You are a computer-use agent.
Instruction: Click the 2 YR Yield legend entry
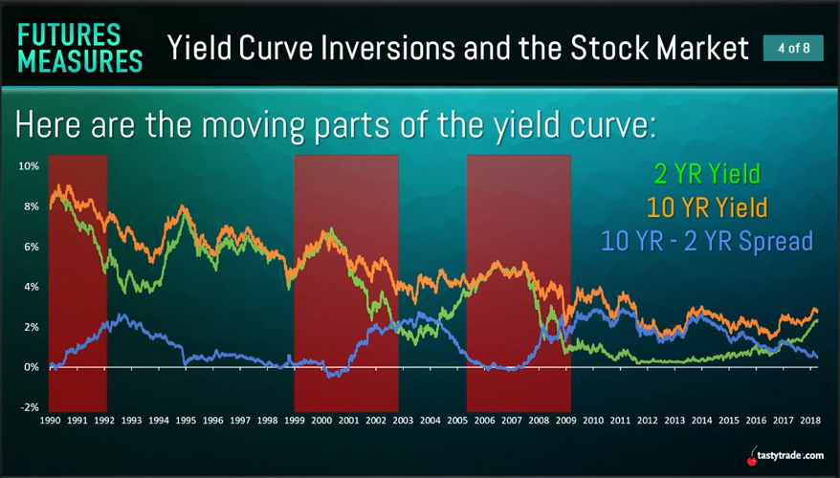tap(707, 174)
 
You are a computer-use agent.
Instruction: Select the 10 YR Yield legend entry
tap(707, 207)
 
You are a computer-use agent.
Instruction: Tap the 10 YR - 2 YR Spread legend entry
tap(707, 241)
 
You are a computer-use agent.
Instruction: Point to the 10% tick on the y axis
tap(29, 166)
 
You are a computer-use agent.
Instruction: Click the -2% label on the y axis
tap(30, 407)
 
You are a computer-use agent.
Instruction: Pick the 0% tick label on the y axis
tap(32, 367)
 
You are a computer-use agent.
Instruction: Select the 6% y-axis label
tap(32, 247)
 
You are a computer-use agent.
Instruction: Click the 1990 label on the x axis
tap(50, 421)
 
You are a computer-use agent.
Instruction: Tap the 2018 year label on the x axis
tap(810, 421)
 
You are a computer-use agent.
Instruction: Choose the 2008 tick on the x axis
tap(539, 421)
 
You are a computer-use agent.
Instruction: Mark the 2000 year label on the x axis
tap(321, 421)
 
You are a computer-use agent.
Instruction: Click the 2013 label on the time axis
tap(674, 421)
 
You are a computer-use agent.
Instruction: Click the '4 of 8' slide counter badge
tap(793, 48)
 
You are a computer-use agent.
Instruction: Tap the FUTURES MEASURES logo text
tap(80, 48)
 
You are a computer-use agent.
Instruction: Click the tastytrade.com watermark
tap(790, 456)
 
